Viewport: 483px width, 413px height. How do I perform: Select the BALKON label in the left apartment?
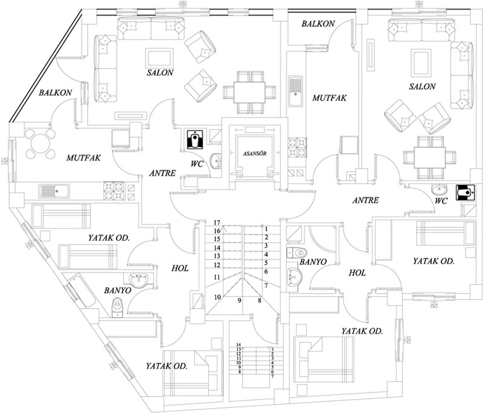56,93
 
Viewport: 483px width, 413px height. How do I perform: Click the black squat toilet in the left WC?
195,139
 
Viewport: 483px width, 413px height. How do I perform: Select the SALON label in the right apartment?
422,87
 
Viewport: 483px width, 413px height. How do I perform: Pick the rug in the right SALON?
420,62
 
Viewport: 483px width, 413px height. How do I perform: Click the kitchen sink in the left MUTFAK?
54,191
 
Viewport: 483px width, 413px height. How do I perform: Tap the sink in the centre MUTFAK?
295,90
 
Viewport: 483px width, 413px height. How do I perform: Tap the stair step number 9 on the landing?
239,300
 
